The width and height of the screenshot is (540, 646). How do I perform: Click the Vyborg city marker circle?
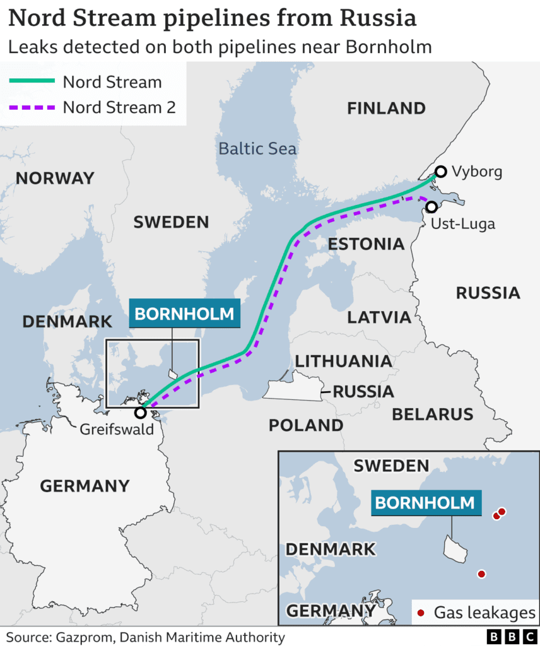click(441, 171)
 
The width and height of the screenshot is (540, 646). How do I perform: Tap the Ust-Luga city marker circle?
click(431, 206)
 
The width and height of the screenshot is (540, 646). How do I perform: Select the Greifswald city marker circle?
click(140, 413)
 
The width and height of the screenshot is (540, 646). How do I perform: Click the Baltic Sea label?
click(257, 149)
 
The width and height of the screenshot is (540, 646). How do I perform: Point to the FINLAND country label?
click(386, 109)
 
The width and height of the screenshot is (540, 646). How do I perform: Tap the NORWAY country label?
click(55, 179)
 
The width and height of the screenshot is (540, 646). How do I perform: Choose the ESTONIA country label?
click(366, 244)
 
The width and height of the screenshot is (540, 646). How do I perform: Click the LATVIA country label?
click(379, 317)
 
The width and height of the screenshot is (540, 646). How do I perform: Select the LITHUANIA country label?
click(343, 361)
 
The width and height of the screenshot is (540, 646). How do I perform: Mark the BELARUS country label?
click(432, 414)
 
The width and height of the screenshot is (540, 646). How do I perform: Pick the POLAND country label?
click(306, 425)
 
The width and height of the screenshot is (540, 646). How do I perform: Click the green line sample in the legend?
click(32, 81)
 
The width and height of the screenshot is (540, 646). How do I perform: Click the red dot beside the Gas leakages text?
click(421, 612)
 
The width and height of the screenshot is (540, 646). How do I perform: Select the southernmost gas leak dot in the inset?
click(481, 574)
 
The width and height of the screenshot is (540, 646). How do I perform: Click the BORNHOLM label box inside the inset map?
click(424, 503)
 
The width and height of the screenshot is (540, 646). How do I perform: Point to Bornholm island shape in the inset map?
click(455, 549)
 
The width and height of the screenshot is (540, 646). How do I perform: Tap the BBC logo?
click(510, 637)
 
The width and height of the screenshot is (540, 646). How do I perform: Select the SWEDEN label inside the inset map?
click(390, 466)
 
